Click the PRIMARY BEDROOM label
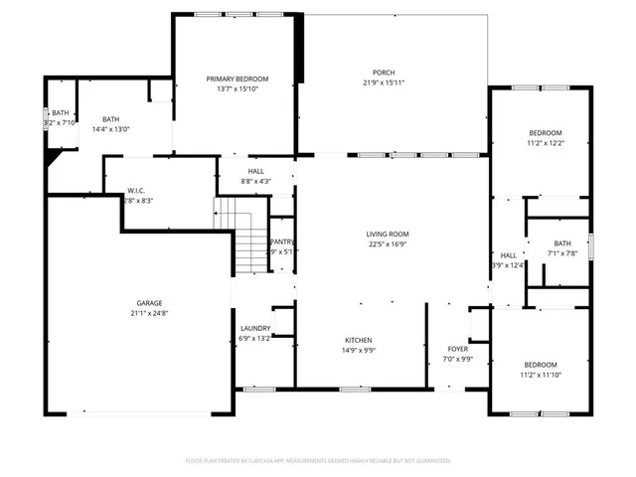238,79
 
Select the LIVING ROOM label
388,234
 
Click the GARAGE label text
150,303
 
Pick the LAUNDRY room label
255,328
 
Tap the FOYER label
457,349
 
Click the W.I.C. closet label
138,191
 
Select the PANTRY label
283,241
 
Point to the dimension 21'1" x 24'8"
150,313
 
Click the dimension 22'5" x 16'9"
388,243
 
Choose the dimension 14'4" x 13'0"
110,129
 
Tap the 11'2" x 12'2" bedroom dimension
545,143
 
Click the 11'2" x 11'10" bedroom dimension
542,375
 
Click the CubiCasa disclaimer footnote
318,461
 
